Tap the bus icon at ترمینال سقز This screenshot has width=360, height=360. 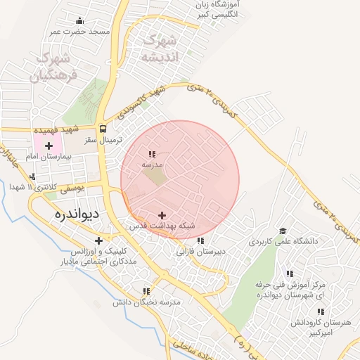(x=103, y=129)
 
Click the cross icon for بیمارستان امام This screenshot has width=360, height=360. (x=49, y=146)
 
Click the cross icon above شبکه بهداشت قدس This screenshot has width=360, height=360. (x=162, y=215)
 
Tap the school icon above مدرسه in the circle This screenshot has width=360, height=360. (x=152, y=153)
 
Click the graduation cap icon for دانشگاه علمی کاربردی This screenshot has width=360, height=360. (x=282, y=230)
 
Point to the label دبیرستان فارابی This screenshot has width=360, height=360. (x=200, y=251)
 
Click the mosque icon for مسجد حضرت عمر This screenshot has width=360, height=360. (x=79, y=20)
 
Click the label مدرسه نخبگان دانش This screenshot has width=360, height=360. (x=147, y=302)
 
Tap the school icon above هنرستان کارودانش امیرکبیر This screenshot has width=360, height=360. (x=321, y=311)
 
